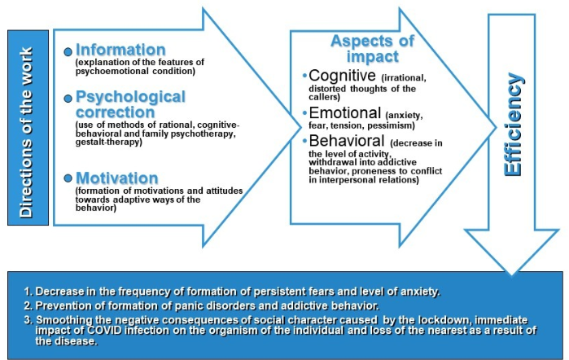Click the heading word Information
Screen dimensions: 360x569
pos(121,49)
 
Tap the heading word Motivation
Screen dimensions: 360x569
pos(117,178)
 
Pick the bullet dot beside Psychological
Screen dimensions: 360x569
pos(68,98)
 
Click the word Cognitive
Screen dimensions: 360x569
pos(340,76)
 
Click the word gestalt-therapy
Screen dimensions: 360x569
pos(105,142)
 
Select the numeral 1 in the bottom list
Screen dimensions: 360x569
pos(28,292)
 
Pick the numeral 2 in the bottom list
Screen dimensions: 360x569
pos(28,305)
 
